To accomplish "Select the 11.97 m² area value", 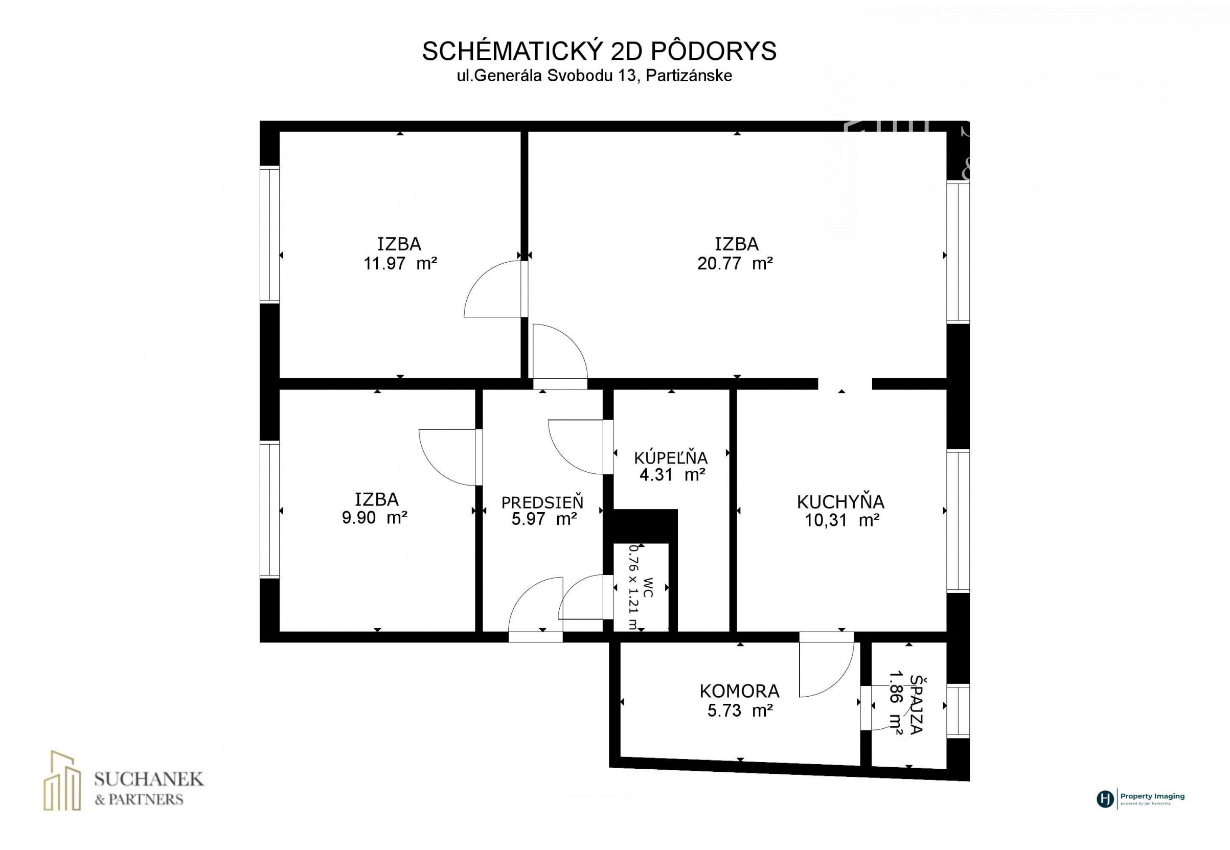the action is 400,264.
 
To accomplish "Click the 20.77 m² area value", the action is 735,264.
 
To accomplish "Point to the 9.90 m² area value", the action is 375,517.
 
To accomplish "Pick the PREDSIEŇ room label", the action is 542,502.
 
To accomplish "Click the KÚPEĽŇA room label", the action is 671,457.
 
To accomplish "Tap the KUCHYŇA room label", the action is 840,502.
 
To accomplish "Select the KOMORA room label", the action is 739,691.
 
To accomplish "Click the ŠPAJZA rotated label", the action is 916,705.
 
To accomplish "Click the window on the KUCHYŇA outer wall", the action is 958,521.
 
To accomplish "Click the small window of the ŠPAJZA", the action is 958,711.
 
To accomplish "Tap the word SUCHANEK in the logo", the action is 149,779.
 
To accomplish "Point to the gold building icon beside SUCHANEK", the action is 62,780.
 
